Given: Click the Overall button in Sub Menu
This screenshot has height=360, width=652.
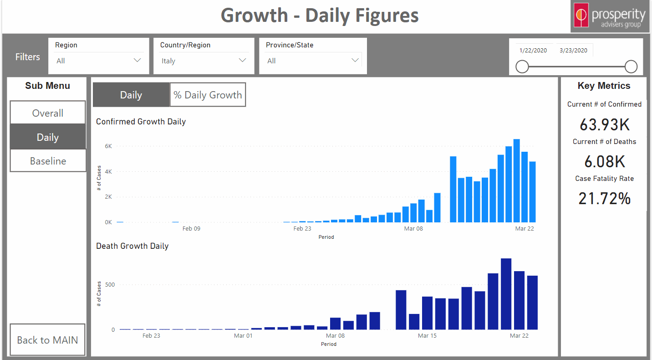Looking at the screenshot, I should click(48, 113).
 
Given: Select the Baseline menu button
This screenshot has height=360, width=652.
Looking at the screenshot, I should click(48, 161).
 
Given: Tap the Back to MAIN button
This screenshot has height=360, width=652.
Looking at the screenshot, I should click(47, 340).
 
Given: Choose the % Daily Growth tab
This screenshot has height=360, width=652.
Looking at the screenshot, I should click(208, 95).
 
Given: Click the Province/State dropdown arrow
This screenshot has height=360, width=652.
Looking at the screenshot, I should click(355, 60).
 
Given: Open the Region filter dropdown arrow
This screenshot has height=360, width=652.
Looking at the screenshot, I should click(137, 60).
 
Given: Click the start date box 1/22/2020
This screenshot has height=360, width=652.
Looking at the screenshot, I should click(534, 51).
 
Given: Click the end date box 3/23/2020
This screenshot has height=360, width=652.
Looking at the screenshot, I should click(574, 51).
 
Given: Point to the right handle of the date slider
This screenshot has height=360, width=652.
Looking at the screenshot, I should click(631, 67).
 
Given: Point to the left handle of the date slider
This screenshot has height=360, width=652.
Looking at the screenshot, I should click(522, 67).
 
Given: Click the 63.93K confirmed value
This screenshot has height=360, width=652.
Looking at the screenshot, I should click(604, 124).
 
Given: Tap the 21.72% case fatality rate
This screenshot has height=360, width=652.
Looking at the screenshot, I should click(604, 198).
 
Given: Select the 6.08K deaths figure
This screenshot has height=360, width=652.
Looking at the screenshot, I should click(604, 161).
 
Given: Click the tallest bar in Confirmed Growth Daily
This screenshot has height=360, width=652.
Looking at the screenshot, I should click(516, 182).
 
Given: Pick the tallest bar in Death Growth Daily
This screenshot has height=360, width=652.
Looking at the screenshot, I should click(506, 294).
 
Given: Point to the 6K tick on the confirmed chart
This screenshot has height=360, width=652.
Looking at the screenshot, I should click(108, 146).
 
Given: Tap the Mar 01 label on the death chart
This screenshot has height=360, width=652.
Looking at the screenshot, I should click(243, 336).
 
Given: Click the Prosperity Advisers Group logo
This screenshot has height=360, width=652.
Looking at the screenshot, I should click(611, 16).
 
